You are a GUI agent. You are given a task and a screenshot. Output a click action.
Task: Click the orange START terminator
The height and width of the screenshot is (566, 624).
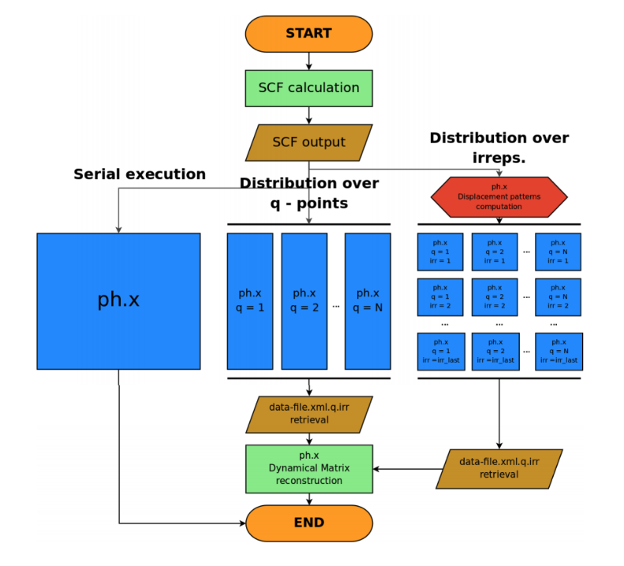pyautogui.click(x=308, y=34)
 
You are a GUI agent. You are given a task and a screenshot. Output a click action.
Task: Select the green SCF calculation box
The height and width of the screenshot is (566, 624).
pyautogui.click(x=308, y=88)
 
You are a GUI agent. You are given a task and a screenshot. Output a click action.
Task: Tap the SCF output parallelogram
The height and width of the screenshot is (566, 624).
pyautogui.click(x=308, y=143)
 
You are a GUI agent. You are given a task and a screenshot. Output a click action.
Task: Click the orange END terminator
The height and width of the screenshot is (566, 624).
pyautogui.click(x=308, y=523)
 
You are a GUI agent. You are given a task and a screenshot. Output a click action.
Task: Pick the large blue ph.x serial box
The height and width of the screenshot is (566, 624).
pyautogui.click(x=118, y=300)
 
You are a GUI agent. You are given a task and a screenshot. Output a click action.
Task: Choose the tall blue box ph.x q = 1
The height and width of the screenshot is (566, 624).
pyautogui.click(x=250, y=300)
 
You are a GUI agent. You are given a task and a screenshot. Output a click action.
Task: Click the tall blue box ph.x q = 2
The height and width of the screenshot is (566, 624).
pyautogui.click(x=305, y=300)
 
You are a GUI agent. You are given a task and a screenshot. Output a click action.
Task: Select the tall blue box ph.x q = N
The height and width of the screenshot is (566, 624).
pyautogui.click(x=368, y=300)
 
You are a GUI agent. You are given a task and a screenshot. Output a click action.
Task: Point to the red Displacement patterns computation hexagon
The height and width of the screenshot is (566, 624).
pyautogui.click(x=499, y=197)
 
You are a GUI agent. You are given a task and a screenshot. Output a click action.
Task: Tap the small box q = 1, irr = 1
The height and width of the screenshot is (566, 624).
pyautogui.click(x=440, y=252)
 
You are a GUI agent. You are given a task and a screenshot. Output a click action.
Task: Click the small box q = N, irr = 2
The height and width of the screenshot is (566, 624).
pyautogui.click(x=558, y=297)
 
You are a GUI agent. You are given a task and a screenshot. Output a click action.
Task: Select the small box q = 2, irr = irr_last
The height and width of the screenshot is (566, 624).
pyautogui.click(x=495, y=352)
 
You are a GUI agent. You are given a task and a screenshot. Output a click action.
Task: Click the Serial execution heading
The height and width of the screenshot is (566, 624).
pyautogui.click(x=140, y=174)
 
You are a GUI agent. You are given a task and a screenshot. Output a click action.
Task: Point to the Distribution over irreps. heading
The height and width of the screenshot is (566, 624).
pyautogui.click(x=499, y=147)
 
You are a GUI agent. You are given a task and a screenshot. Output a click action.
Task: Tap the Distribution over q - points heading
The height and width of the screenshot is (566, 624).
pyautogui.click(x=308, y=192)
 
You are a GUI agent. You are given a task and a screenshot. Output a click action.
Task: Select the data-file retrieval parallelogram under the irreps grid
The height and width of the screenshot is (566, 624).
pyautogui.click(x=499, y=468)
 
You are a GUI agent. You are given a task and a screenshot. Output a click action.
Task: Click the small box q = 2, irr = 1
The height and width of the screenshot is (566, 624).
pyautogui.click(x=495, y=252)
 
